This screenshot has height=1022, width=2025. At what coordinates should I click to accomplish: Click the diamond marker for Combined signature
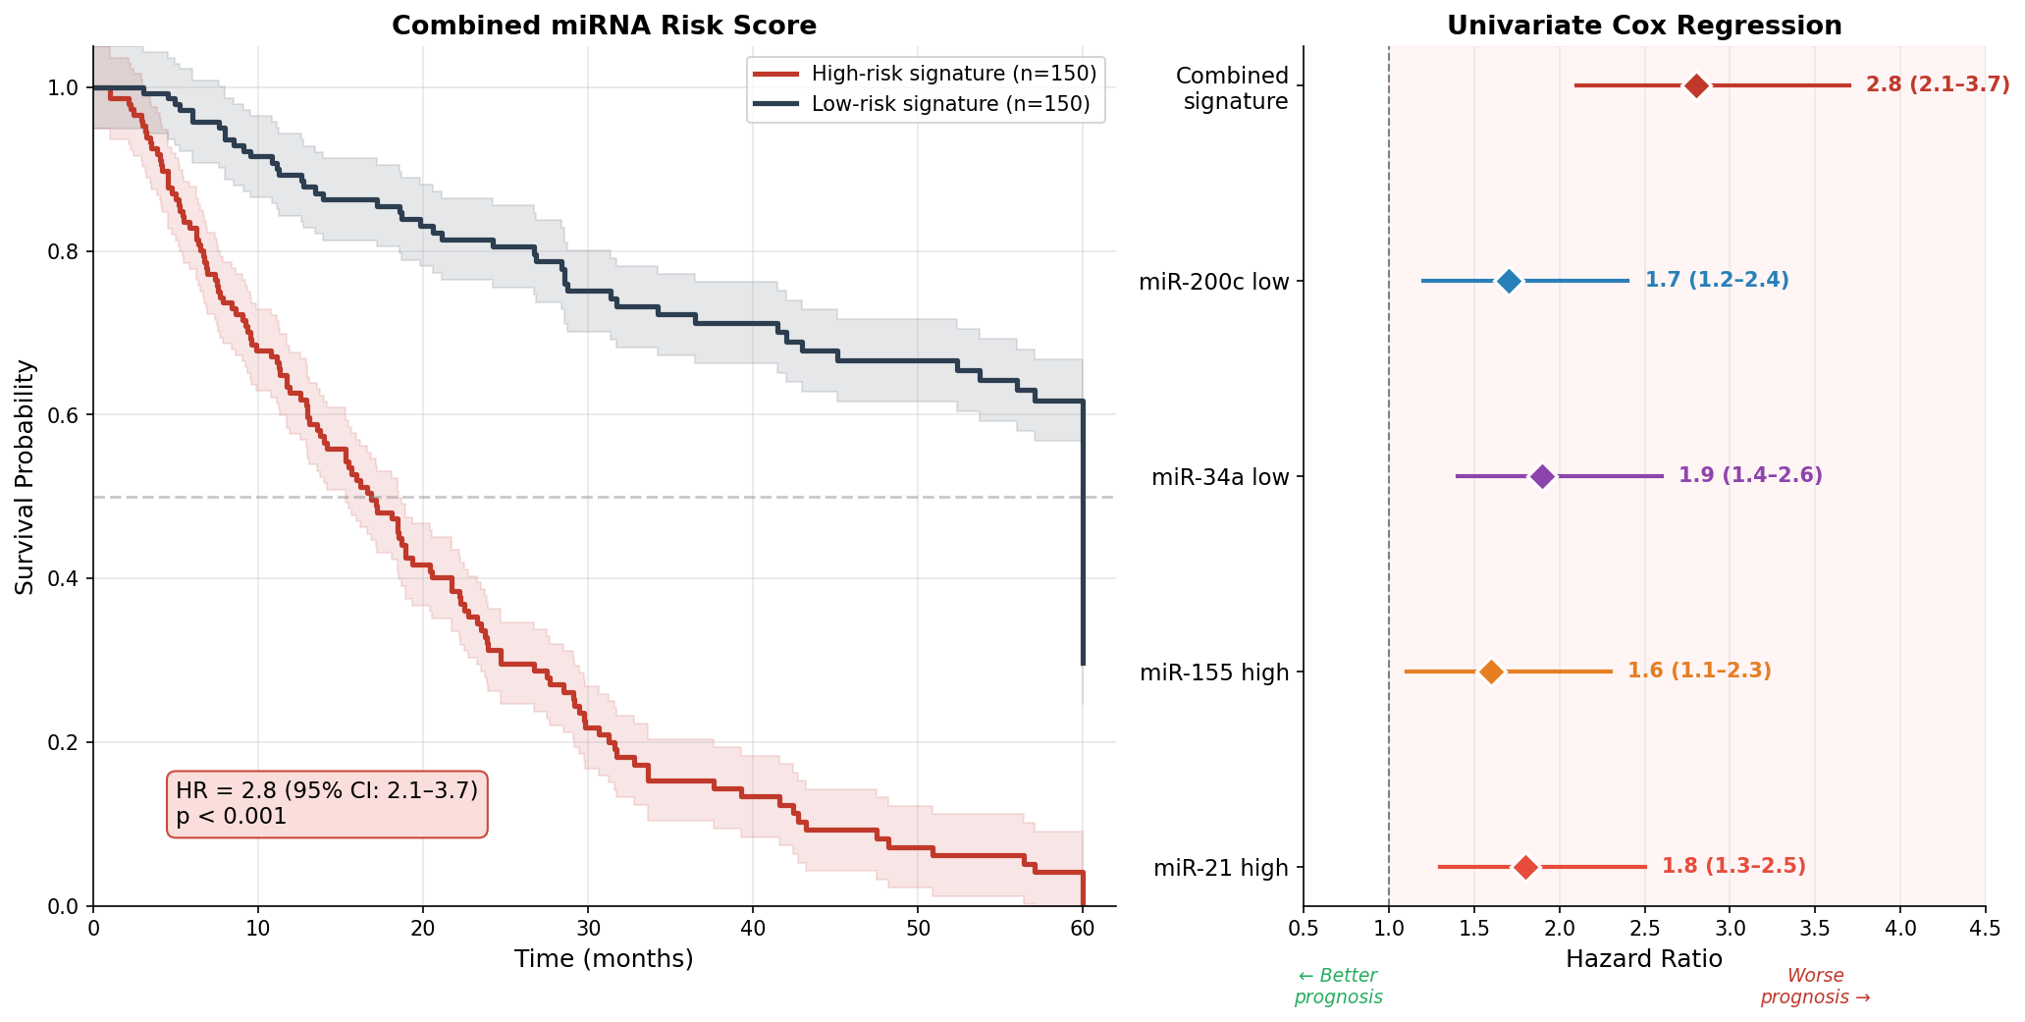1696,85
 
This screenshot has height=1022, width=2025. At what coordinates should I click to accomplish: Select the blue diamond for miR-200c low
1509,281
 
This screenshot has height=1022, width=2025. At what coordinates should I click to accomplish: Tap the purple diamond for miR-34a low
1542,476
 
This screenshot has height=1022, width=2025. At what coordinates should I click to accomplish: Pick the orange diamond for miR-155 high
1491,672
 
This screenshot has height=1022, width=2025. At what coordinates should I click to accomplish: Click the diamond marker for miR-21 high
1525,867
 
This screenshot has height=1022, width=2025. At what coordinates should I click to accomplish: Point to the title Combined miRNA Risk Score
604,26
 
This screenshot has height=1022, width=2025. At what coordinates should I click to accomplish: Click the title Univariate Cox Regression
1644,26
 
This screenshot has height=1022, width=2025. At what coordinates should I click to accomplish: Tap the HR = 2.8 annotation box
327,803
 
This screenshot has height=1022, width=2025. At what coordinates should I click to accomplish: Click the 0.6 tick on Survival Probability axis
63,415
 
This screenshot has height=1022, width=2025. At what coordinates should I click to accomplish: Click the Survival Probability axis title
26,476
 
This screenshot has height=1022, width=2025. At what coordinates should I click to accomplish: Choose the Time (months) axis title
604,959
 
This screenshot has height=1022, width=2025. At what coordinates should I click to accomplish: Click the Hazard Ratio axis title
1644,959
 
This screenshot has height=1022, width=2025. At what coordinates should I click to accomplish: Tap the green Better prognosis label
1338,987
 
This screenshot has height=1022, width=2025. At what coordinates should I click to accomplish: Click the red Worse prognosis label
1815,987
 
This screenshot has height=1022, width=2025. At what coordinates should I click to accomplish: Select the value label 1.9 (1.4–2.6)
1750,476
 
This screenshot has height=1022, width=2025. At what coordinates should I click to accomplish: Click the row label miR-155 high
1214,672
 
